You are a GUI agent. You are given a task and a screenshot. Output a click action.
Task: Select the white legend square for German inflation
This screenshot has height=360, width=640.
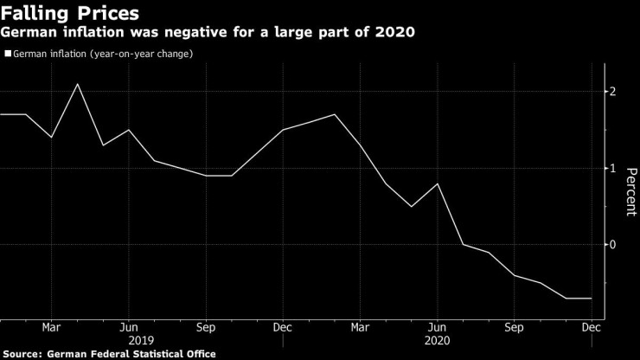tap(7, 54)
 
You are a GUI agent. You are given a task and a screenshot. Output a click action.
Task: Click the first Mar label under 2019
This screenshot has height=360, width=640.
tap(51, 329)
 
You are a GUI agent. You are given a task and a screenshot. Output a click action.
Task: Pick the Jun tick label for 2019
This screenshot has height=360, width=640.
tap(128, 329)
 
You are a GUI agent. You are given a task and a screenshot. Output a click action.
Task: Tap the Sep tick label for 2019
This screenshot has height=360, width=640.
tap(206, 329)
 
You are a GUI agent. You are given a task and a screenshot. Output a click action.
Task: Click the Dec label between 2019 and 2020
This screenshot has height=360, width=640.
tap(282, 329)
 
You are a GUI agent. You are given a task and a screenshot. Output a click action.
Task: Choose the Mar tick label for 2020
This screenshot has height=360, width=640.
tap(360, 329)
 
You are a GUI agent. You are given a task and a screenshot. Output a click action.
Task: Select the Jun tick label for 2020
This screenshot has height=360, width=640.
tap(437, 329)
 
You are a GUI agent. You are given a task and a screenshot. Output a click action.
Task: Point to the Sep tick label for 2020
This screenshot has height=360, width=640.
tap(515, 329)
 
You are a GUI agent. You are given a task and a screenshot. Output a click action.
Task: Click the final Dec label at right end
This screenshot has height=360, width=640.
tap(592, 329)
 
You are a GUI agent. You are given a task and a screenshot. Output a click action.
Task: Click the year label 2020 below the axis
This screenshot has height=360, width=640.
tap(437, 341)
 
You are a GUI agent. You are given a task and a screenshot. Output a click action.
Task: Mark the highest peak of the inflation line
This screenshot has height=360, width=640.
tap(78, 84)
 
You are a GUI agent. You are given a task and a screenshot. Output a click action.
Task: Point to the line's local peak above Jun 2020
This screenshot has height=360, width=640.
tap(438, 183)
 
